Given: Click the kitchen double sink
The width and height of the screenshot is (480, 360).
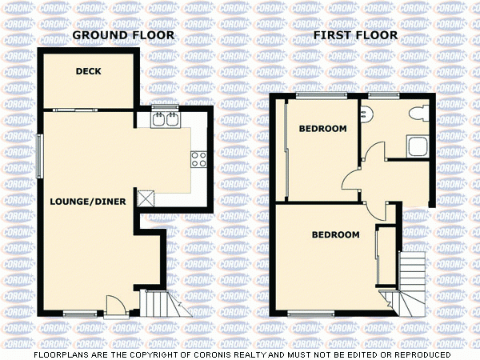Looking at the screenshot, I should (168, 120).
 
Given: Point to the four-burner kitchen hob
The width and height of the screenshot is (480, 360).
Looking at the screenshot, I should (198, 158).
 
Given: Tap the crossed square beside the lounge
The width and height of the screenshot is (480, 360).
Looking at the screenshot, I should (146, 198).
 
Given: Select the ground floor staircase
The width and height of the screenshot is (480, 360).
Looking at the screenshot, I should (157, 303).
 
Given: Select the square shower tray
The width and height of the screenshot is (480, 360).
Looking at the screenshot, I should (416, 146).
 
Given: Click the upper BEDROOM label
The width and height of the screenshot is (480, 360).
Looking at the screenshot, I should (322, 129).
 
